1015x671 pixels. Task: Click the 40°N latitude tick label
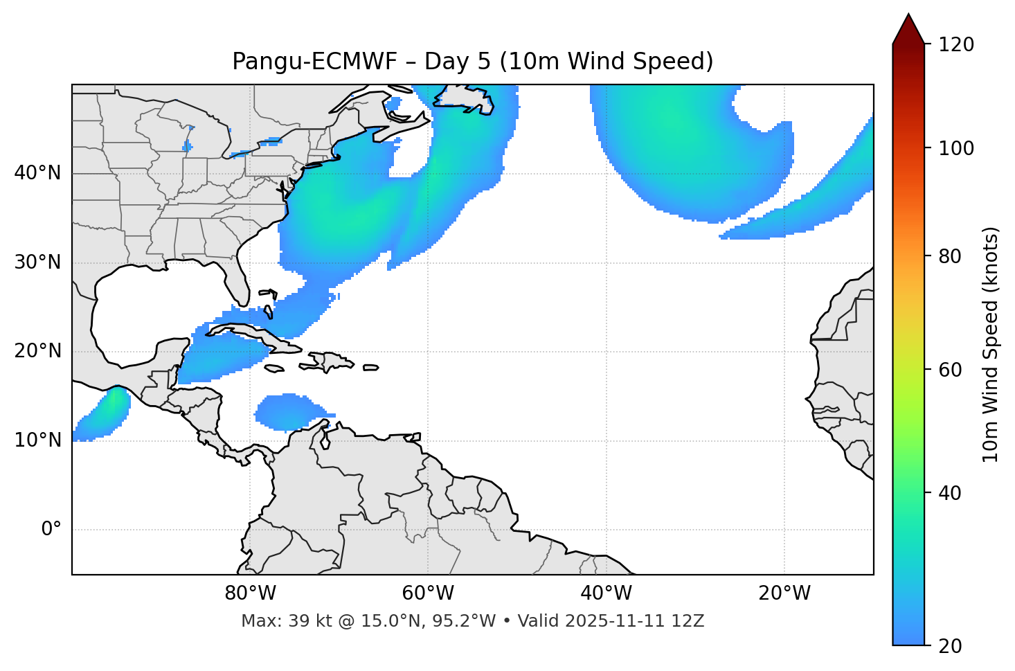[x=37, y=173]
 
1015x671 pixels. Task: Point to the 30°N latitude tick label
[x=37, y=262]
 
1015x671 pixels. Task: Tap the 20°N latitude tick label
[x=37, y=351]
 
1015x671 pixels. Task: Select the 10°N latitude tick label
[x=37, y=440]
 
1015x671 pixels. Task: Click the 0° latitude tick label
[x=51, y=530]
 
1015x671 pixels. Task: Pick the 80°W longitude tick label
[x=250, y=593]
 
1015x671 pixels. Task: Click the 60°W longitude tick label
[x=428, y=593]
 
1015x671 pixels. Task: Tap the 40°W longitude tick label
[x=606, y=593]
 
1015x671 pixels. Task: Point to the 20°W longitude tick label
[x=784, y=593]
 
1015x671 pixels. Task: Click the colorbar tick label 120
[x=955, y=45]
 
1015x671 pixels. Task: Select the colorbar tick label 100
[x=955, y=148]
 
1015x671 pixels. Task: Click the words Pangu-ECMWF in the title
[x=314, y=62]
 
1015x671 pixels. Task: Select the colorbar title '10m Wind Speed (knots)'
[x=991, y=344]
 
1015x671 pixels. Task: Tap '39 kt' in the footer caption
[x=301, y=621]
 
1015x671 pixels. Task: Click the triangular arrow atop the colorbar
[x=908, y=29]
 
